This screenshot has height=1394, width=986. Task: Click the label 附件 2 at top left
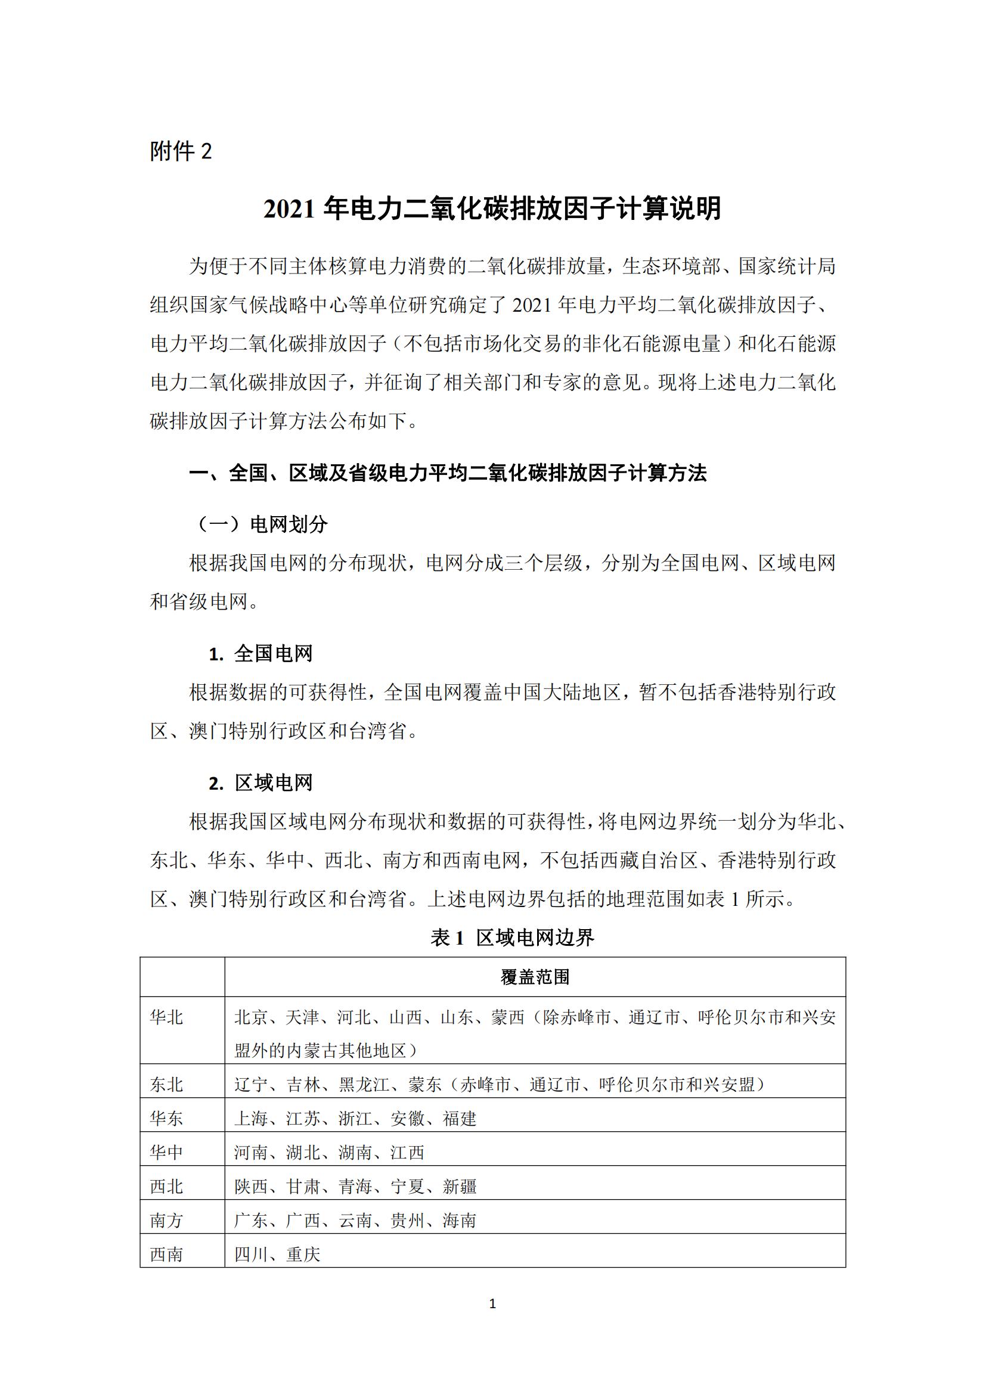[180, 151]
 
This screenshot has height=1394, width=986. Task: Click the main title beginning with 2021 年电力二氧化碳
[492, 209]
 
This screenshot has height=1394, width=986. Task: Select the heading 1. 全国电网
[261, 654]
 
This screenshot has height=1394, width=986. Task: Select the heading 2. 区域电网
[261, 783]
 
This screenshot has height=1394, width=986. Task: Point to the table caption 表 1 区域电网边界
[512, 938]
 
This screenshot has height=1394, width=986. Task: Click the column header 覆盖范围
[535, 977]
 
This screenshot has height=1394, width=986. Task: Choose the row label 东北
[166, 1084]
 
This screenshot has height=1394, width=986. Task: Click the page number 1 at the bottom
[492, 1303]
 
